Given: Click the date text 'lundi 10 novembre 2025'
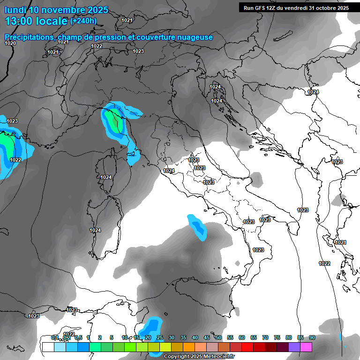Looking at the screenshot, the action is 56,10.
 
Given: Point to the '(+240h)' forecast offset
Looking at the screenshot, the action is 83,21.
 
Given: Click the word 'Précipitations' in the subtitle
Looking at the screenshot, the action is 28,37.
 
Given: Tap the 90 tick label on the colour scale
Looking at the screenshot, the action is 312,337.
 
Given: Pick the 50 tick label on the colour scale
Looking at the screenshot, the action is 218,337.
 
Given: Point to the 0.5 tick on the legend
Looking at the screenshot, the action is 78,337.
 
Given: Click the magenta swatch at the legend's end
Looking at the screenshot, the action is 306,347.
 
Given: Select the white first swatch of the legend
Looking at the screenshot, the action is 47,347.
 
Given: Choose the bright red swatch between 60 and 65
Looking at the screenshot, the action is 247,347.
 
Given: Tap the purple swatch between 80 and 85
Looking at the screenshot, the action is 294,347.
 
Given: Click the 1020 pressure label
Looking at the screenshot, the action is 10,43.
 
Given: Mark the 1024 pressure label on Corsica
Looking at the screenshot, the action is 106,177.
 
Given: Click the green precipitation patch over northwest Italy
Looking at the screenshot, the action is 113,121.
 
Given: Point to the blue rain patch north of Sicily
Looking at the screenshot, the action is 197,227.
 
